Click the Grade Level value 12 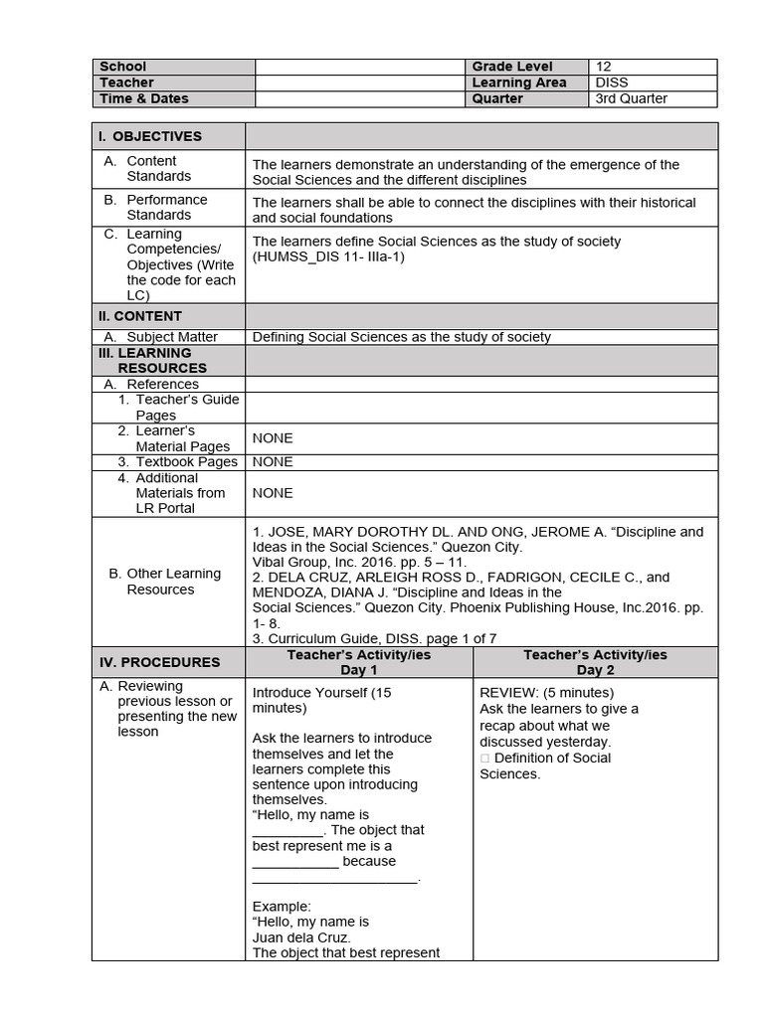[x=604, y=67]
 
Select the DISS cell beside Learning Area [x=611, y=83]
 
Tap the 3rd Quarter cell [x=631, y=98]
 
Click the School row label [x=122, y=67]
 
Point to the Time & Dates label [x=143, y=98]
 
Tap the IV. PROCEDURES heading [x=159, y=662]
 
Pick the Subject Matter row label [x=171, y=337]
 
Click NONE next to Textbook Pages [x=273, y=462]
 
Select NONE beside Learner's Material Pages [x=273, y=438]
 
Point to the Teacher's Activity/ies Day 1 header [x=359, y=662]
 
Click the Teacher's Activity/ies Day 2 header [x=595, y=662]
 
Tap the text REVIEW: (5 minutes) [x=546, y=693]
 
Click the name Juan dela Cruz [x=301, y=937]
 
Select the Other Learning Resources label [x=165, y=582]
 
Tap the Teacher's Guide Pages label [x=179, y=408]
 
